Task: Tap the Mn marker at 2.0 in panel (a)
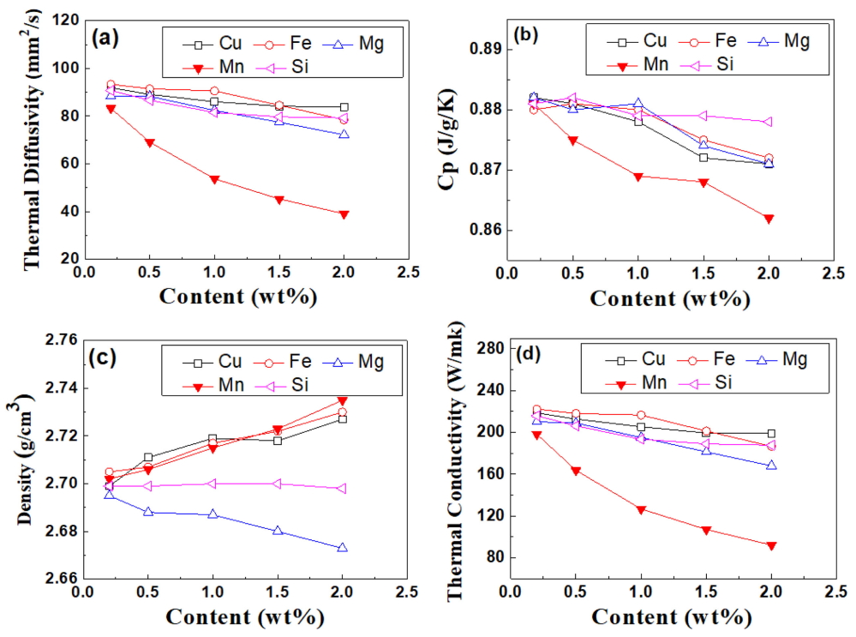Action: click(344, 214)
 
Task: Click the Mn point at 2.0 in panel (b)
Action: click(769, 219)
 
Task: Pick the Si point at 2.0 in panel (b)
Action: click(769, 122)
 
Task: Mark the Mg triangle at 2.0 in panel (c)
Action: click(343, 548)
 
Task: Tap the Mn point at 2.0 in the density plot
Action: click(343, 400)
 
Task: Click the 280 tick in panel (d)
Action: click(487, 348)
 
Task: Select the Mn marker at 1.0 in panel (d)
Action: click(641, 509)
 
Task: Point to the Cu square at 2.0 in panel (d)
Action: click(771, 433)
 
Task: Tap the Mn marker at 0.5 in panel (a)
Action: click(150, 142)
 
